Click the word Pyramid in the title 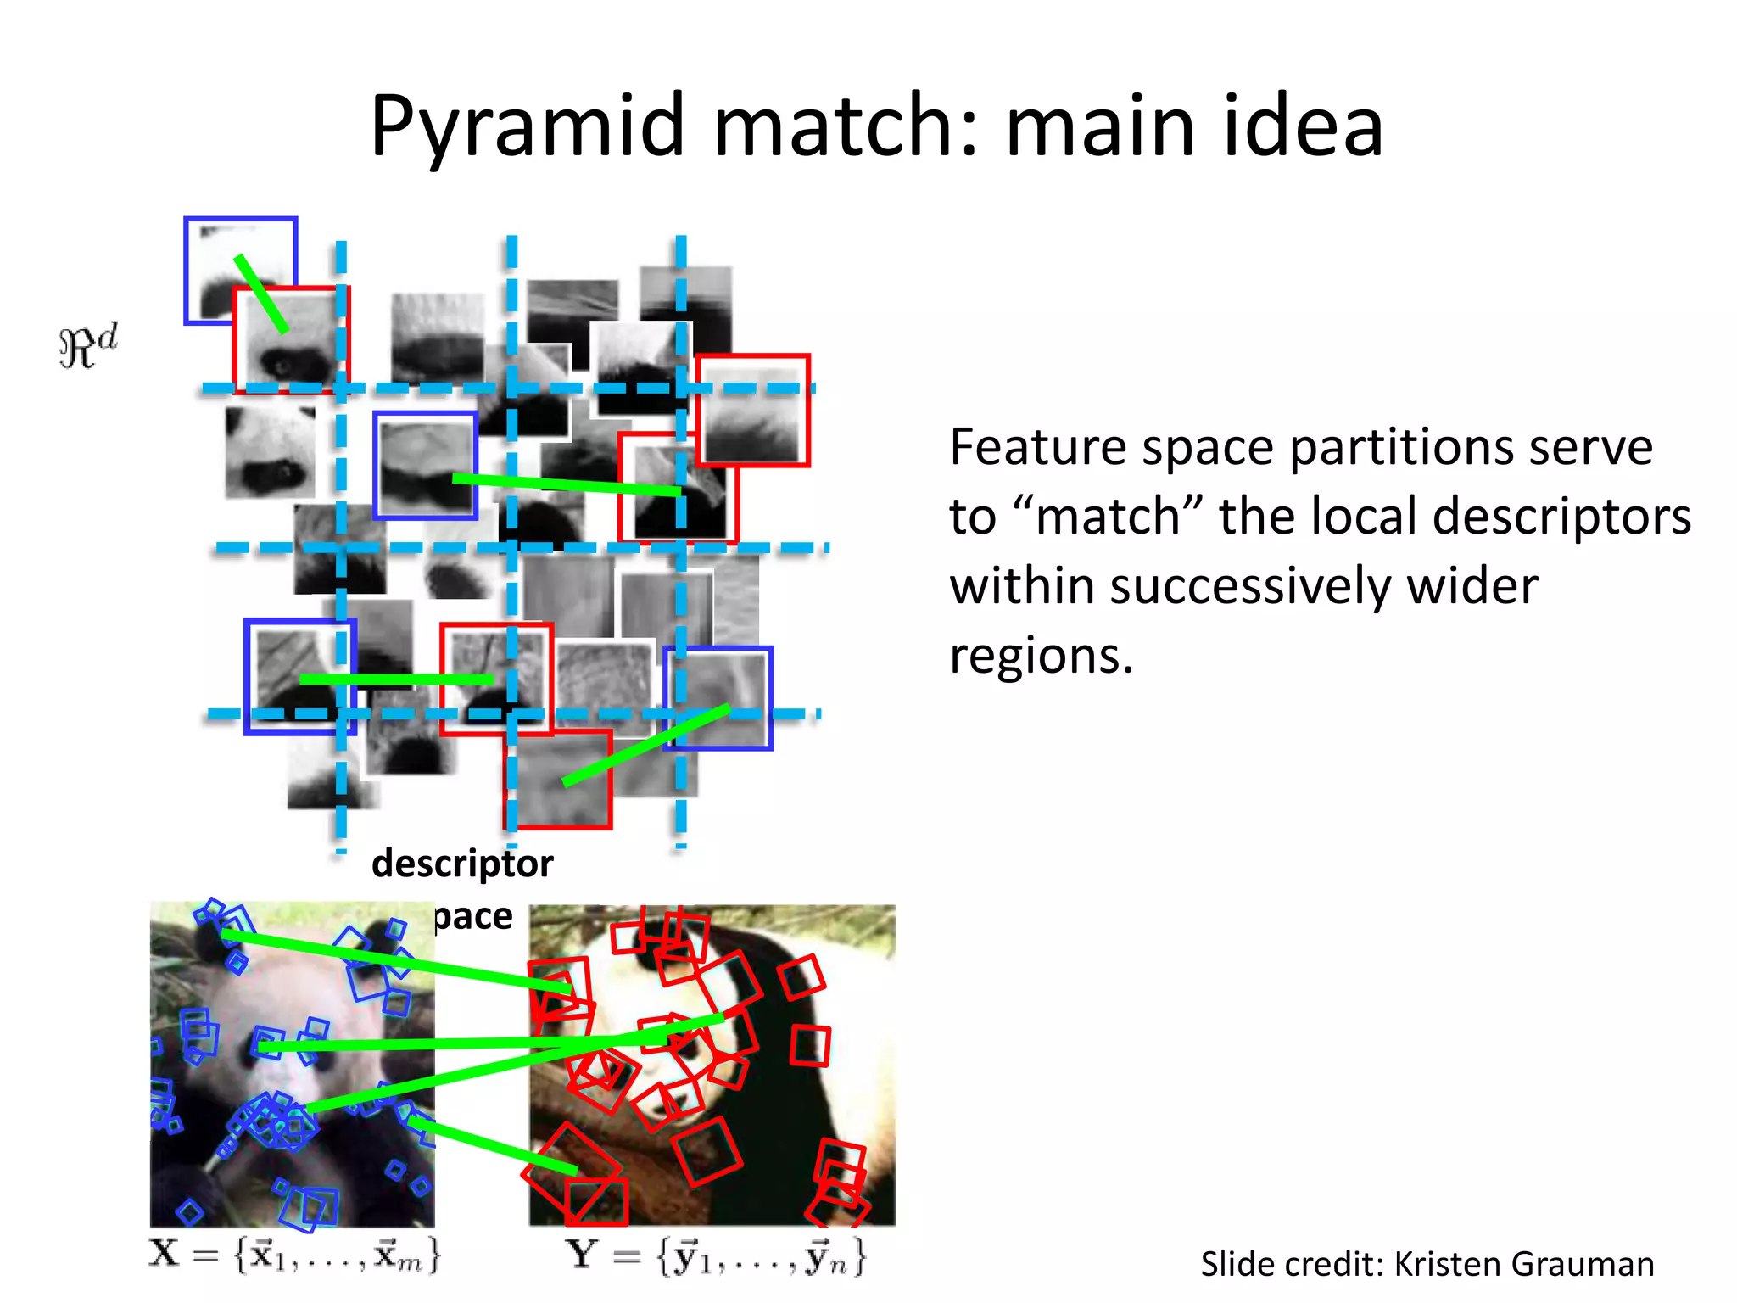pos(527,127)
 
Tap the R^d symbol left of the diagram pos(88,346)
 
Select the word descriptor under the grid pos(462,864)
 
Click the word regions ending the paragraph pos(1041,656)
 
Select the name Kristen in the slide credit pos(1447,1264)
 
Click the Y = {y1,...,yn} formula pos(718,1256)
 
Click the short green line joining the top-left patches pos(261,294)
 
